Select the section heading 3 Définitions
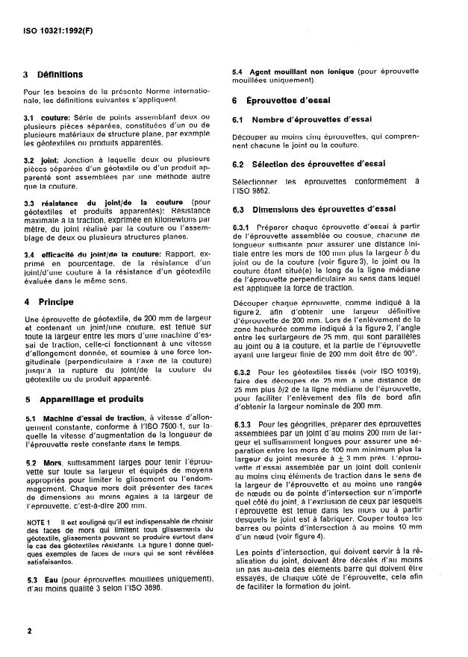53,75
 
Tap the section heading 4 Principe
50,303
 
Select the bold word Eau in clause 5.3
50,579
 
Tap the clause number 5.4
240,70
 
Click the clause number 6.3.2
244,370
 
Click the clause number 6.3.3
244,423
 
